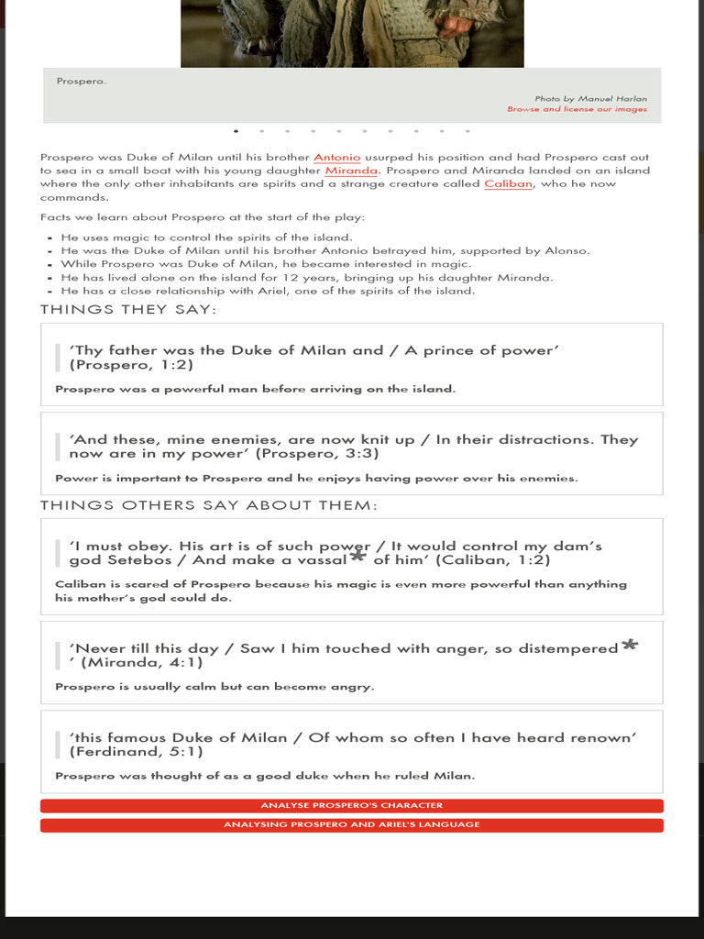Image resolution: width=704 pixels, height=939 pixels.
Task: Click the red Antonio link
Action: pos(336,158)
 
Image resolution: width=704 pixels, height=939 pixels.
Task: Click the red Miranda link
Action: pos(351,171)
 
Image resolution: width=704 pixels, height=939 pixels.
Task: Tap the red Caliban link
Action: pos(508,183)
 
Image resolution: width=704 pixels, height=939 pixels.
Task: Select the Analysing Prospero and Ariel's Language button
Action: pos(351,825)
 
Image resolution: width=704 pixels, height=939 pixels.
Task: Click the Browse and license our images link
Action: pos(577,109)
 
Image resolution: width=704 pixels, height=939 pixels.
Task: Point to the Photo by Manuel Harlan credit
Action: pos(590,98)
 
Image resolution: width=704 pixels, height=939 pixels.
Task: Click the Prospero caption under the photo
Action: pos(81,82)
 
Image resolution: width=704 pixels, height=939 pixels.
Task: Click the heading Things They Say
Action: pos(128,310)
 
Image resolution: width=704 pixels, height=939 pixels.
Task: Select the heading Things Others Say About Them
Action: pos(209,505)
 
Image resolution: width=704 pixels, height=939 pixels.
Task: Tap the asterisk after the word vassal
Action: pos(357,557)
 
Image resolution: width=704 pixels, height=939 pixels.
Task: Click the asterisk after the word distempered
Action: pos(629,646)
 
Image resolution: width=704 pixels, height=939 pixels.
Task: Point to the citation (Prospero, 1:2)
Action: pos(131,365)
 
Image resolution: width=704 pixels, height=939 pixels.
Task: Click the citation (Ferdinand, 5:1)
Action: pos(136,752)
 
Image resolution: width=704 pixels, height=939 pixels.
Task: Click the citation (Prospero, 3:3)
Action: pos(317,453)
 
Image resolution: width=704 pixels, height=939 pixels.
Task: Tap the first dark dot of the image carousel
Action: pos(236,131)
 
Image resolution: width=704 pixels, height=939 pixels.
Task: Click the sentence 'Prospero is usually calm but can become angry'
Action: pos(214,687)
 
